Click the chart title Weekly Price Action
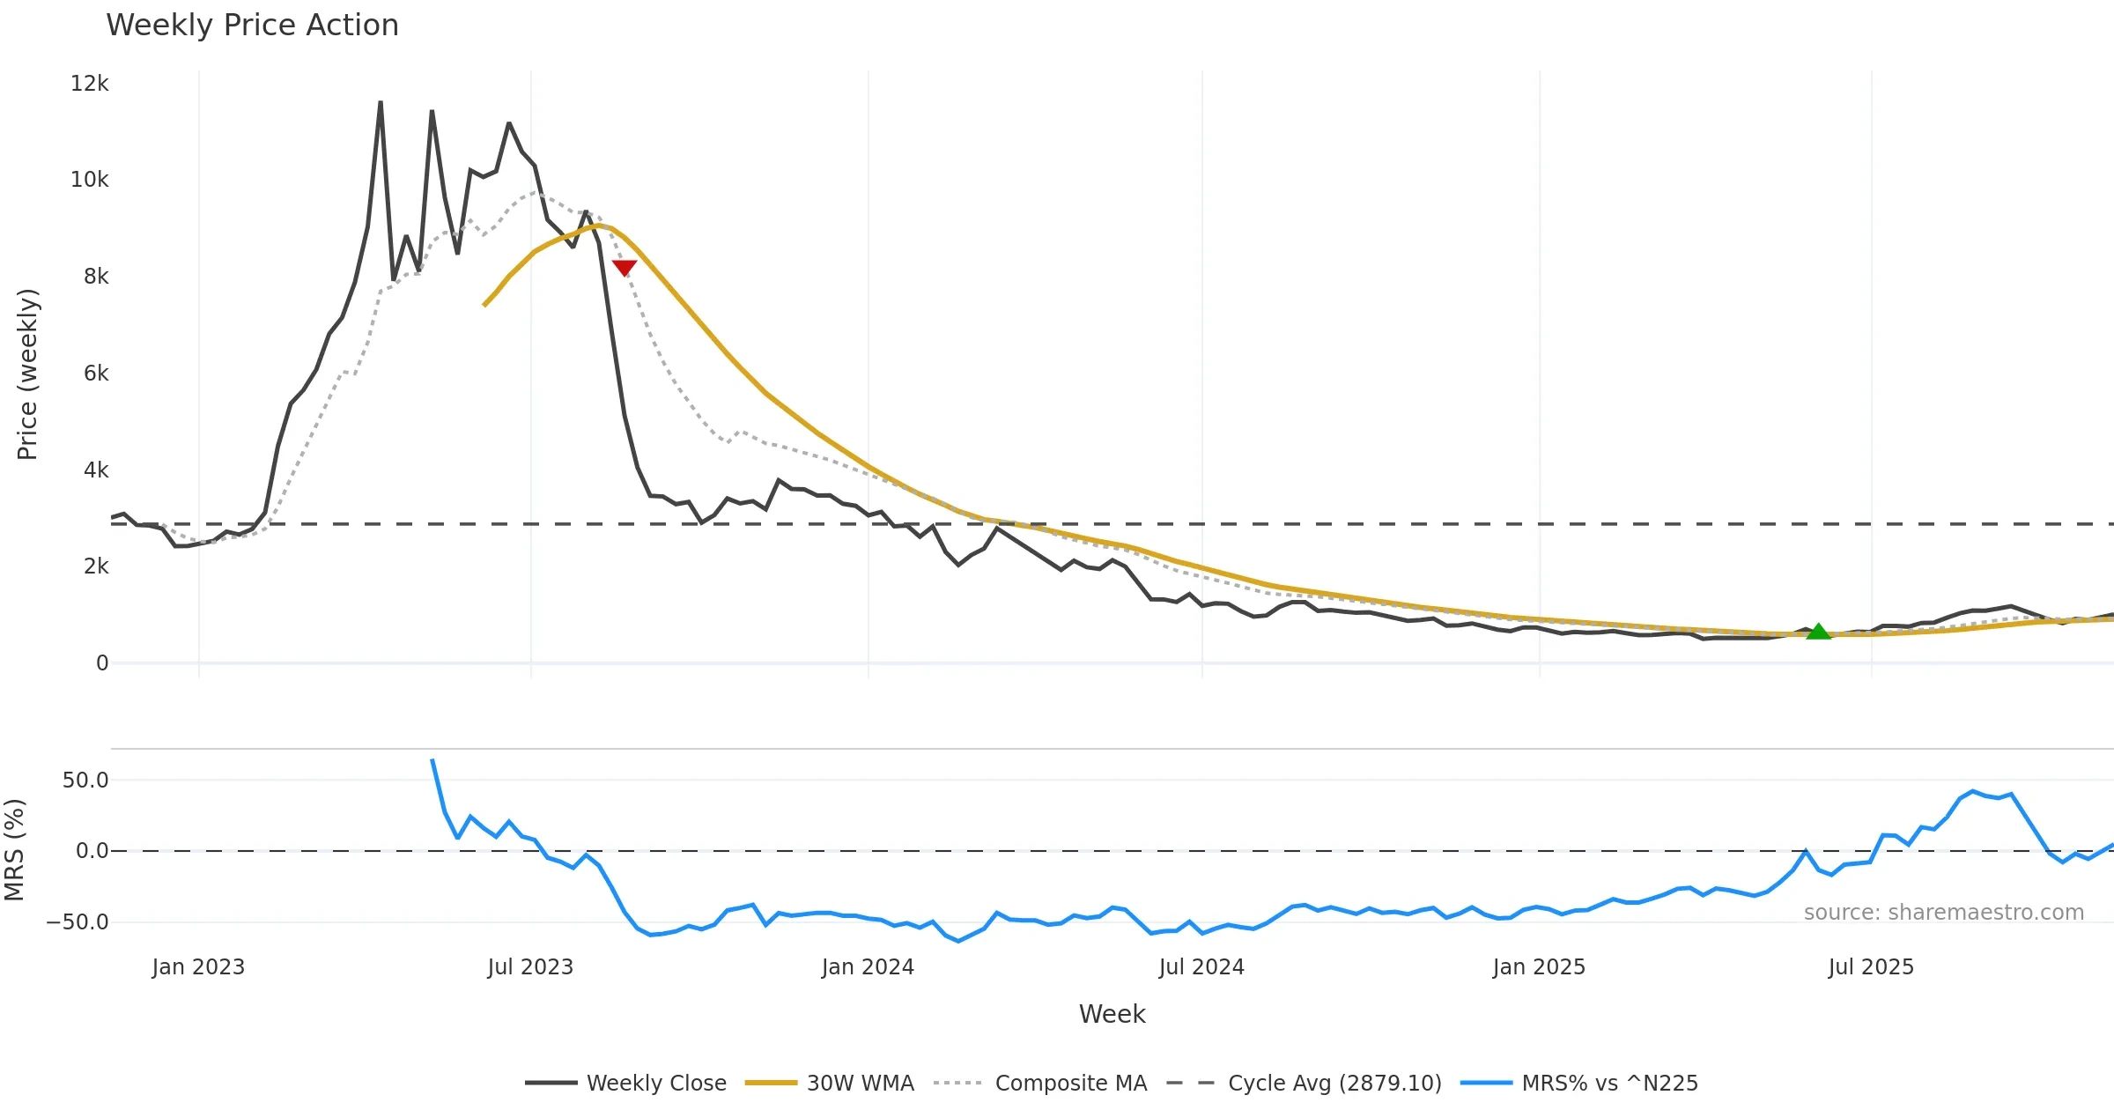252,26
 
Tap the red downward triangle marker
625,268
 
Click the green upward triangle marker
1818,631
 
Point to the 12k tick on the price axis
89,84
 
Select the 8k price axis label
96,277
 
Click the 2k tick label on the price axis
96,566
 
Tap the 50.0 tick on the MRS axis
85,781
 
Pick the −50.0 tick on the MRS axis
78,922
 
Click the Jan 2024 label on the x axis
868,967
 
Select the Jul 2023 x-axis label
530,967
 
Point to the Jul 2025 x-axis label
1871,967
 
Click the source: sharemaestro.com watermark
1943,913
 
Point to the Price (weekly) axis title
27,374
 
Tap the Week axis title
1112,1015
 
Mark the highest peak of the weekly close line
381,102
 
